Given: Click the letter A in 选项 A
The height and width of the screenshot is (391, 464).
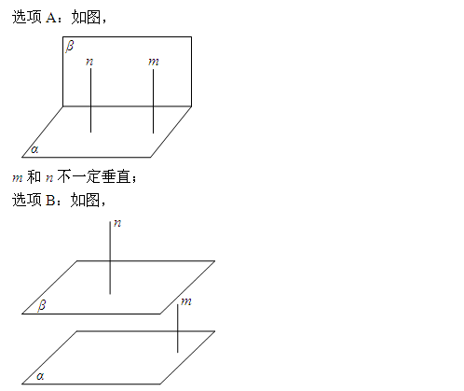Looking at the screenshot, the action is pos(50,18).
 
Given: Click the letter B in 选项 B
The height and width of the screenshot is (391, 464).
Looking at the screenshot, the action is pos(50,200).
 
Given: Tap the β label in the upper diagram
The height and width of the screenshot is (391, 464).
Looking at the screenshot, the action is pos(70,47).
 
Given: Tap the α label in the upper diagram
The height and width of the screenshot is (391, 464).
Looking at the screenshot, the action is pos(34,149).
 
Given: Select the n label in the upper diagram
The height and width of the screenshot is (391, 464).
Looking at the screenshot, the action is pos(89,62).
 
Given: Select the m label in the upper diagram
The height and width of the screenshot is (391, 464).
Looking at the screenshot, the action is pos(154,62).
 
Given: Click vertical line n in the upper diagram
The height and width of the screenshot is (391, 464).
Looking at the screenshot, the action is pos(90,100).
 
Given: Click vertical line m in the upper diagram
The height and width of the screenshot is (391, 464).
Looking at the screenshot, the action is pos(153,101).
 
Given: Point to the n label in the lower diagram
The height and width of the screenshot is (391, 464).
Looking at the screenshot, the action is pos(117,223).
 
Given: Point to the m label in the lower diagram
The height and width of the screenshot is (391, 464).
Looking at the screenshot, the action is pos(186,301).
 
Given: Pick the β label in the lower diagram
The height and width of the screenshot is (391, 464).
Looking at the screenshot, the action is pos(42,305).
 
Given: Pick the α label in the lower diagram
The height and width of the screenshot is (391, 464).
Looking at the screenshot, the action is pos(40,376).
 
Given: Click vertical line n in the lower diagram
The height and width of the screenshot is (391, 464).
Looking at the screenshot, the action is pos(110,258).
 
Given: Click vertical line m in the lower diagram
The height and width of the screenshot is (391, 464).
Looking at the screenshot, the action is pos(178,328).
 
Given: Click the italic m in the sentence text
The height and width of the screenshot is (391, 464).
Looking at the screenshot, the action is pos(18,178).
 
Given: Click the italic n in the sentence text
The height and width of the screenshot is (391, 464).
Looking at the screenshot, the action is pos(49,178).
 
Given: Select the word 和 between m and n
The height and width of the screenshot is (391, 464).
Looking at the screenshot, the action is pos(34,177).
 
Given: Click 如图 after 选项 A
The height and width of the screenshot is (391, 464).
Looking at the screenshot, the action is pos(86,18).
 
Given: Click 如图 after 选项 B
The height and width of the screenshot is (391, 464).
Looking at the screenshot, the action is pos(85,200).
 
